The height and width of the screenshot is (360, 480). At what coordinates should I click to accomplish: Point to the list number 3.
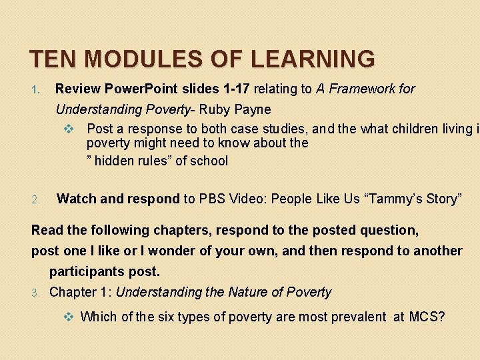(37, 293)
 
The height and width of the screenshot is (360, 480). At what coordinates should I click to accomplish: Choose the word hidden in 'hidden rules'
(113, 161)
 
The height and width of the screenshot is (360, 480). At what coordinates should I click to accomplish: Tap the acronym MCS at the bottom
(428, 317)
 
